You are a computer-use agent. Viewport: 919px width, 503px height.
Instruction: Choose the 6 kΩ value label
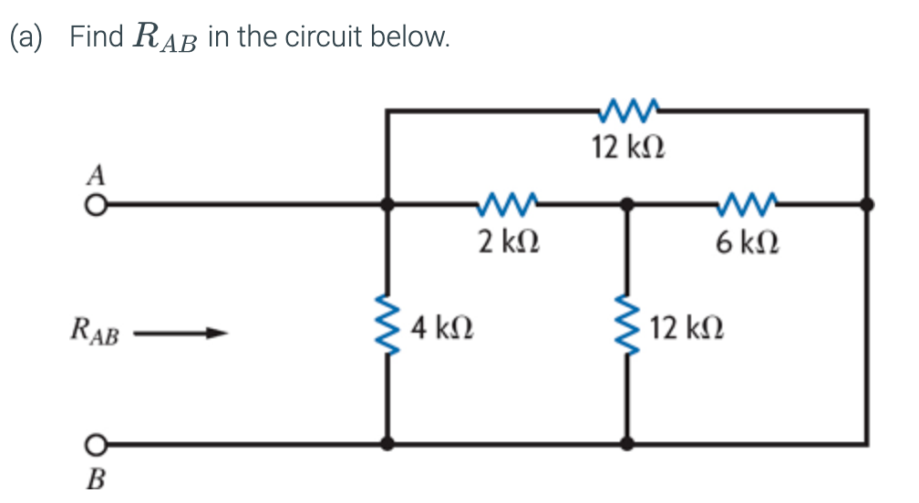(x=748, y=242)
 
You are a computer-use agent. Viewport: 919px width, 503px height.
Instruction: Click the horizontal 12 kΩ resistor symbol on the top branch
(x=628, y=109)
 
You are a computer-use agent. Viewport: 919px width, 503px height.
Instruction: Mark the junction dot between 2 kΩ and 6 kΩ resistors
(x=627, y=205)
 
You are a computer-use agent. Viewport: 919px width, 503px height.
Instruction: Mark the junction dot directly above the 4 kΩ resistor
(x=389, y=205)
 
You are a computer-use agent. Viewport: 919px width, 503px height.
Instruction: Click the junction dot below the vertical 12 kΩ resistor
(x=627, y=445)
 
